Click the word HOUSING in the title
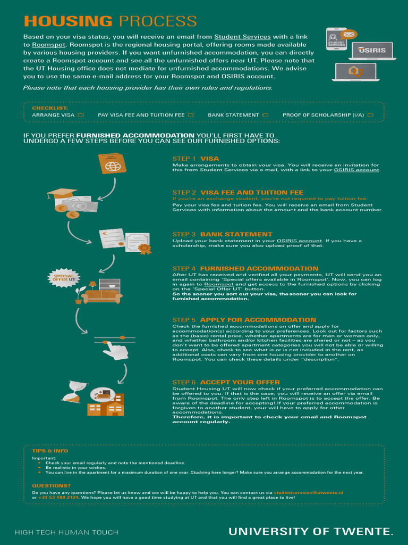point(68,22)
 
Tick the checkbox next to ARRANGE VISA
point(81,115)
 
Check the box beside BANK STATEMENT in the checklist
point(266,115)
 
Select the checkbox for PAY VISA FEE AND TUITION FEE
point(191,115)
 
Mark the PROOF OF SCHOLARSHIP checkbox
point(370,115)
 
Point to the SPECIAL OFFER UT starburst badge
point(64,278)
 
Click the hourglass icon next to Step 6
point(71,392)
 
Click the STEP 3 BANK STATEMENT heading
point(222,234)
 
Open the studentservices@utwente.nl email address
point(308,493)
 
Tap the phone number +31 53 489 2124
point(58,498)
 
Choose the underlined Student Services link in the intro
point(242,37)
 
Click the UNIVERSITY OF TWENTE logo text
point(311,531)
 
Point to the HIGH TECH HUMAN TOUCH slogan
point(66,532)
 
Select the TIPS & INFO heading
point(50,451)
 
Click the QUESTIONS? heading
point(51,485)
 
